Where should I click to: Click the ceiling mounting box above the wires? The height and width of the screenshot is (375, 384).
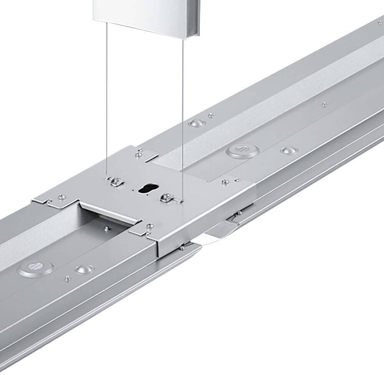[x=146, y=15]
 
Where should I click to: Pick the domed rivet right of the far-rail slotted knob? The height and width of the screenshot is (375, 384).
[x=288, y=150]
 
